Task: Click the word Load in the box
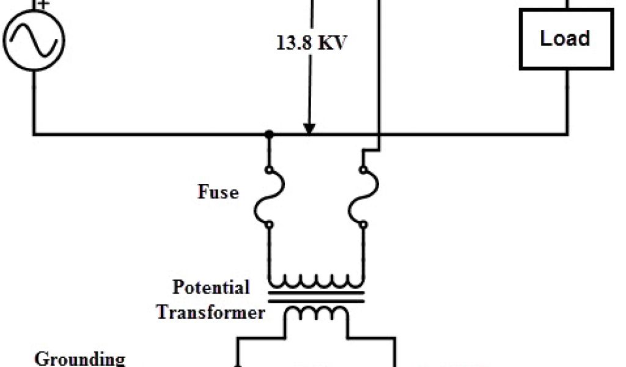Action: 565,39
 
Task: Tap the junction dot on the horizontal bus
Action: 268,133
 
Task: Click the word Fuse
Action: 218,192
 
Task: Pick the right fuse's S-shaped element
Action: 359,196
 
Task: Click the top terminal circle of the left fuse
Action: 268,169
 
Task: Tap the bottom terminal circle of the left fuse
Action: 268,225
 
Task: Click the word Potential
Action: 211,287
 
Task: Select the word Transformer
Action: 211,313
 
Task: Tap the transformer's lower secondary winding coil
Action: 317,313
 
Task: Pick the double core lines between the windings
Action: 317,299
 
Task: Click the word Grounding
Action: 80,358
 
